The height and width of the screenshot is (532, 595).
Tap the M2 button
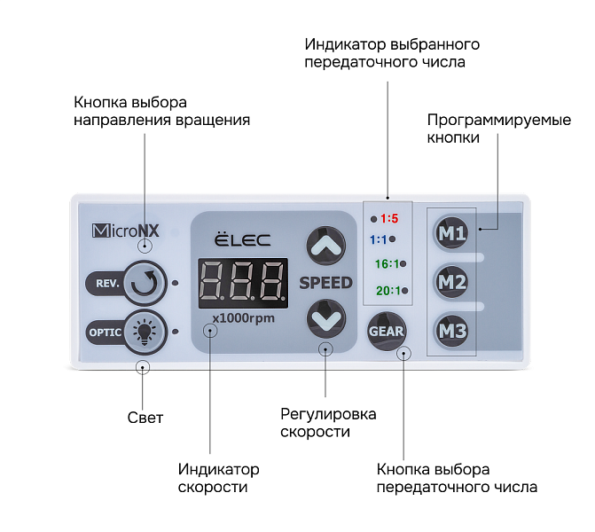[x=452, y=283]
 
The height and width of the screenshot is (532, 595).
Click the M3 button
[x=452, y=332]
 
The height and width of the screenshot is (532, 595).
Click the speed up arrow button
[x=325, y=245]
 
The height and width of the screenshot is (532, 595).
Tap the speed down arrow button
[x=325, y=318]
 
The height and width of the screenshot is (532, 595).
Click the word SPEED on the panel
[x=325, y=283]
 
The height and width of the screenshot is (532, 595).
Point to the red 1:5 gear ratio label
[x=389, y=217]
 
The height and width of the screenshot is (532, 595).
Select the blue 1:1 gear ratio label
[x=378, y=239]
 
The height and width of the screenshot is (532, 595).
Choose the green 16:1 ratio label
[x=387, y=263]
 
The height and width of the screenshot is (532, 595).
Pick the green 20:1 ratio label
[x=387, y=290]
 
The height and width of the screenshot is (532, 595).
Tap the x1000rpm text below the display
[x=243, y=317]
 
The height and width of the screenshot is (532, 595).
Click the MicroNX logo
[x=125, y=231]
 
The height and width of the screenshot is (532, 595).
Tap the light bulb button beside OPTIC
[x=142, y=332]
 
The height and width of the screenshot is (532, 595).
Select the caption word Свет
[x=145, y=417]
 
